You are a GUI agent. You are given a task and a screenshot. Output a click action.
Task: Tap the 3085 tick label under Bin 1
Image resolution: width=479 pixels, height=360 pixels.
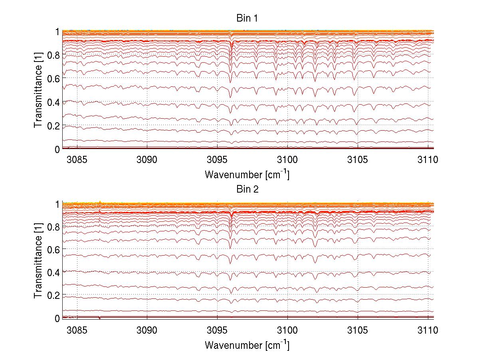(x=77, y=160)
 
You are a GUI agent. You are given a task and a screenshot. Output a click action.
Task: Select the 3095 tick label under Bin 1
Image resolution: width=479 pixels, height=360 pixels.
(x=218, y=160)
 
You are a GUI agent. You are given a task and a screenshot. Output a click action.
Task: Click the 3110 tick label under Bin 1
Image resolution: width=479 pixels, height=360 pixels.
(x=428, y=160)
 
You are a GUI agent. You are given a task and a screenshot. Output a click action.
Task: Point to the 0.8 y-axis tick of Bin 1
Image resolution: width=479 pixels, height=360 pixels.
(x=54, y=55)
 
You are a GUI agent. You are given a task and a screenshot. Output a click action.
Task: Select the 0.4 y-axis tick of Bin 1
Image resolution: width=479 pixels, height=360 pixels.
(x=54, y=102)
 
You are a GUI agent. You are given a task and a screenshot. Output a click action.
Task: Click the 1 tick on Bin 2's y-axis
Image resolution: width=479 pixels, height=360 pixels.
(x=57, y=204)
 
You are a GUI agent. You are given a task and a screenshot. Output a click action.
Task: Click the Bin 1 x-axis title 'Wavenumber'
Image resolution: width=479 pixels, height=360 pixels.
(x=247, y=174)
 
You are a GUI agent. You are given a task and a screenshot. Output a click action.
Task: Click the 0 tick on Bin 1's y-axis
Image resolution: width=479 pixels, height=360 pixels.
(x=57, y=149)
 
